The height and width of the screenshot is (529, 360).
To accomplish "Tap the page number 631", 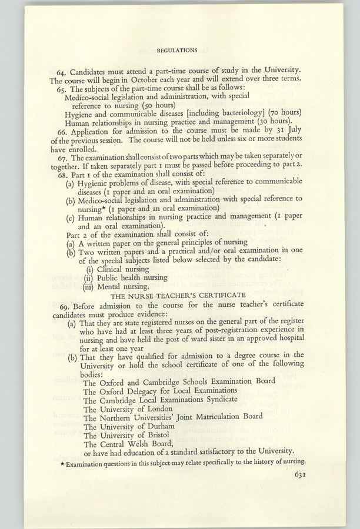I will coord(298,477).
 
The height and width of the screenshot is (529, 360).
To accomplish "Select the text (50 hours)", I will coord(138,105).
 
